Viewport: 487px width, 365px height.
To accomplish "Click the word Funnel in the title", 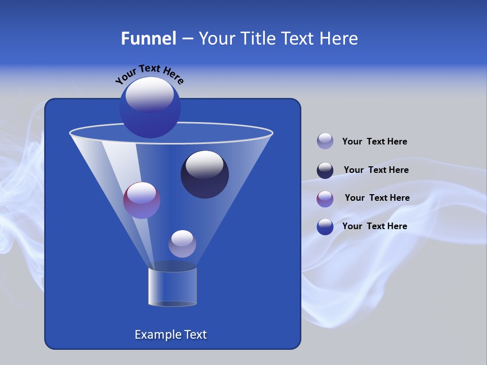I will pyautogui.click(x=148, y=39).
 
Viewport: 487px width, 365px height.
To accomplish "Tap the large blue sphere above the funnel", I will pyautogui.click(x=150, y=107).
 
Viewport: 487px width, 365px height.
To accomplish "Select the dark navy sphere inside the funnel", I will pyautogui.click(x=205, y=175).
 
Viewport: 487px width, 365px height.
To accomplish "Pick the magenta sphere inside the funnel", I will pyautogui.click(x=142, y=200).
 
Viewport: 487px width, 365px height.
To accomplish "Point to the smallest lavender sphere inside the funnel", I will pyautogui.click(x=182, y=244).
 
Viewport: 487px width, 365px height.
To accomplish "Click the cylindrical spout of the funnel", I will pyautogui.click(x=172, y=287).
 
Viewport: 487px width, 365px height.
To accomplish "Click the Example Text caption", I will pyautogui.click(x=170, y=335).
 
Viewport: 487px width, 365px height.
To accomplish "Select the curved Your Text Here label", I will pyautogui.click(x=149, y=74).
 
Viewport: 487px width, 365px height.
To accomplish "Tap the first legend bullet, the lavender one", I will pyautogui.click(x=325, y=141).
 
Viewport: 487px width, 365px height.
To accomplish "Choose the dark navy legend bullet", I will pyautogui.click(x=325, y=170).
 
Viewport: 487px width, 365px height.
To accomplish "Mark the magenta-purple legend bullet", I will pyautogui.click(x=325, y=199).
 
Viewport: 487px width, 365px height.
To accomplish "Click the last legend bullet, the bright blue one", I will pyautogui.click(x=325, y=227).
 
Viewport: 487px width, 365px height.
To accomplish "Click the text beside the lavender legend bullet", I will pyautogui.click(x=374, y=142).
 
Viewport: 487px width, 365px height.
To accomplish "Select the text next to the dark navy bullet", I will pyautogui.click(x=376, y=170).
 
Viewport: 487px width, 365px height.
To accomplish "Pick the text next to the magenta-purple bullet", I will pyautogui.click(x=377, y=198).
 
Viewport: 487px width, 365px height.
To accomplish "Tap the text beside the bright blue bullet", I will pyautogui.click(x=374, y=226).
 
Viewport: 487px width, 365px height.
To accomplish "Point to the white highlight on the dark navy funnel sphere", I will pyautogui.click(x=205, y=165).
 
